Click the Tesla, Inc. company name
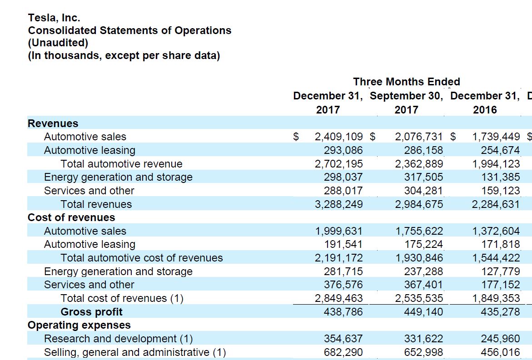coord(54,18)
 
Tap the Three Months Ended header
coord(407,82)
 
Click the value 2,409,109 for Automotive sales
coord(338,137)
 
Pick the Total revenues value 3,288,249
coord(338,204)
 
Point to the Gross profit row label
coord(91,312)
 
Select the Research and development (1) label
coord(118,339)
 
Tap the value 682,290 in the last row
coord(343,352)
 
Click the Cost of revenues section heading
coord(71,217)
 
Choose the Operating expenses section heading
coord(79,325)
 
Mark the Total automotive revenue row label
coord(121,164)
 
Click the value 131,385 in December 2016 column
coord(500,177)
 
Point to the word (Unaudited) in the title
coord(58,43)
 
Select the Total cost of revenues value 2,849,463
coord(338,298)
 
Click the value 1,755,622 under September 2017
coord(419,231)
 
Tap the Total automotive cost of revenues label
coord(142,258)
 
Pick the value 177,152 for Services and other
coord(500,285)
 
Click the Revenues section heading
coord(53,123)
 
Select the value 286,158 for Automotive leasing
coord(423,150)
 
